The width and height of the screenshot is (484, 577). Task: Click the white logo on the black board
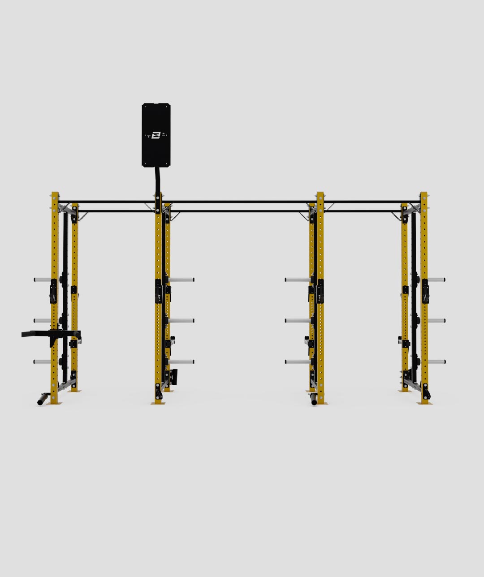pos(156,135)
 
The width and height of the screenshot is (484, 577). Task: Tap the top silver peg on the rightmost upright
pos(436,280)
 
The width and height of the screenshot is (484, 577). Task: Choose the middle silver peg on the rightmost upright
pos(436,321)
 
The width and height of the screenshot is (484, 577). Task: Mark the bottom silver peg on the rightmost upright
pos(436,362)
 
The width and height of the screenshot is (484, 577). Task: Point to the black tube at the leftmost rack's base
pos(43,399)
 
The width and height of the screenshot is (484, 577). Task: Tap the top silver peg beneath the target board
pos(181,280)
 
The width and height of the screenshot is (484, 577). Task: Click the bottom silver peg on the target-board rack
pos(181,362)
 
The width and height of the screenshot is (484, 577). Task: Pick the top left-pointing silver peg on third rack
pos(297,280)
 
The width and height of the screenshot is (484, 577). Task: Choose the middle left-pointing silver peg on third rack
pos(297,321)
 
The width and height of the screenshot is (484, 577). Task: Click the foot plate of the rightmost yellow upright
pos(423,403)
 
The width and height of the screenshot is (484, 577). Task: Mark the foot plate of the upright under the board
pos(158,403)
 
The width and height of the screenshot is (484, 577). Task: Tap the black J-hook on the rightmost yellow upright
pos(425,291)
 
